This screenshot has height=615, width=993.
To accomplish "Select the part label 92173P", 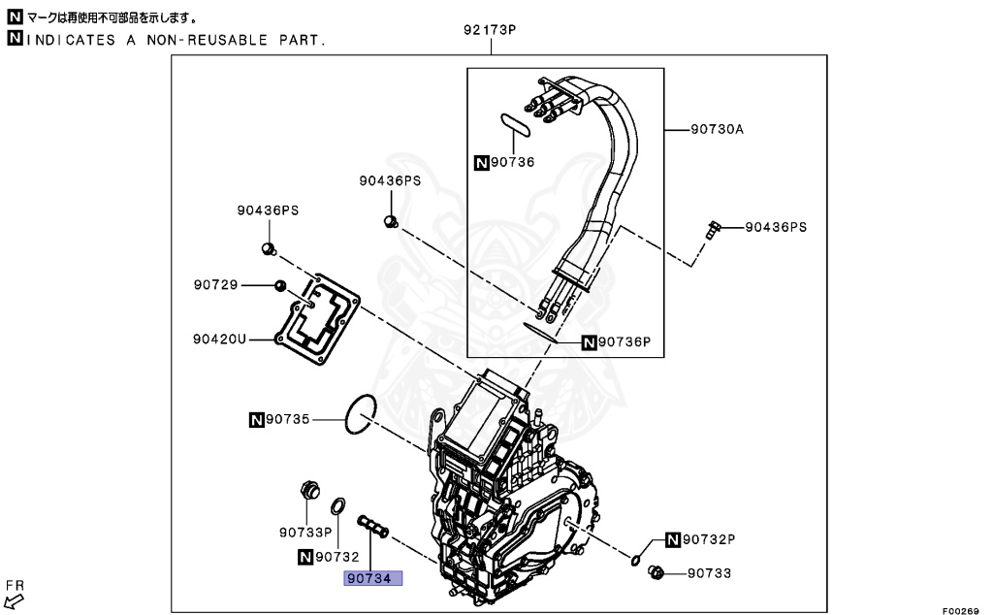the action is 490,30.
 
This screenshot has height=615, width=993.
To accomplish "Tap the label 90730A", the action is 717,129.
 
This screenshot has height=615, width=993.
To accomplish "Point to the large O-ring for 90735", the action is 361,414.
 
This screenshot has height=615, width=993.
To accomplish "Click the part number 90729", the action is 216,285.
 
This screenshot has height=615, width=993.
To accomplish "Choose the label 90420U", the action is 220,340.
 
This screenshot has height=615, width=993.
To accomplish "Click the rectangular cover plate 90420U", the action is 317,319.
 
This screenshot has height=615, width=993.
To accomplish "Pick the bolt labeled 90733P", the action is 309,491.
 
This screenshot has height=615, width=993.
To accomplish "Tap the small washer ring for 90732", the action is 338,506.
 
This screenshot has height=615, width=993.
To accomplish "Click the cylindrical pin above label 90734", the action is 373,527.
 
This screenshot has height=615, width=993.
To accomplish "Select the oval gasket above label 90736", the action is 515,123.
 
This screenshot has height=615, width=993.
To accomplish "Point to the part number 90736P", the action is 625,342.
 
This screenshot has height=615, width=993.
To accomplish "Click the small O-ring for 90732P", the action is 635,560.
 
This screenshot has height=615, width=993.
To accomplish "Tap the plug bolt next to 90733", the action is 656,573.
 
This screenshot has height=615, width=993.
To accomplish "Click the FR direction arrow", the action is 14,601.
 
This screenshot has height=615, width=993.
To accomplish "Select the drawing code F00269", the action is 960,610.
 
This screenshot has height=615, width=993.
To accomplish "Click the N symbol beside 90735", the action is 256,419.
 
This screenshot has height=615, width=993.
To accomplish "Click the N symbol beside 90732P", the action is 673,539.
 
